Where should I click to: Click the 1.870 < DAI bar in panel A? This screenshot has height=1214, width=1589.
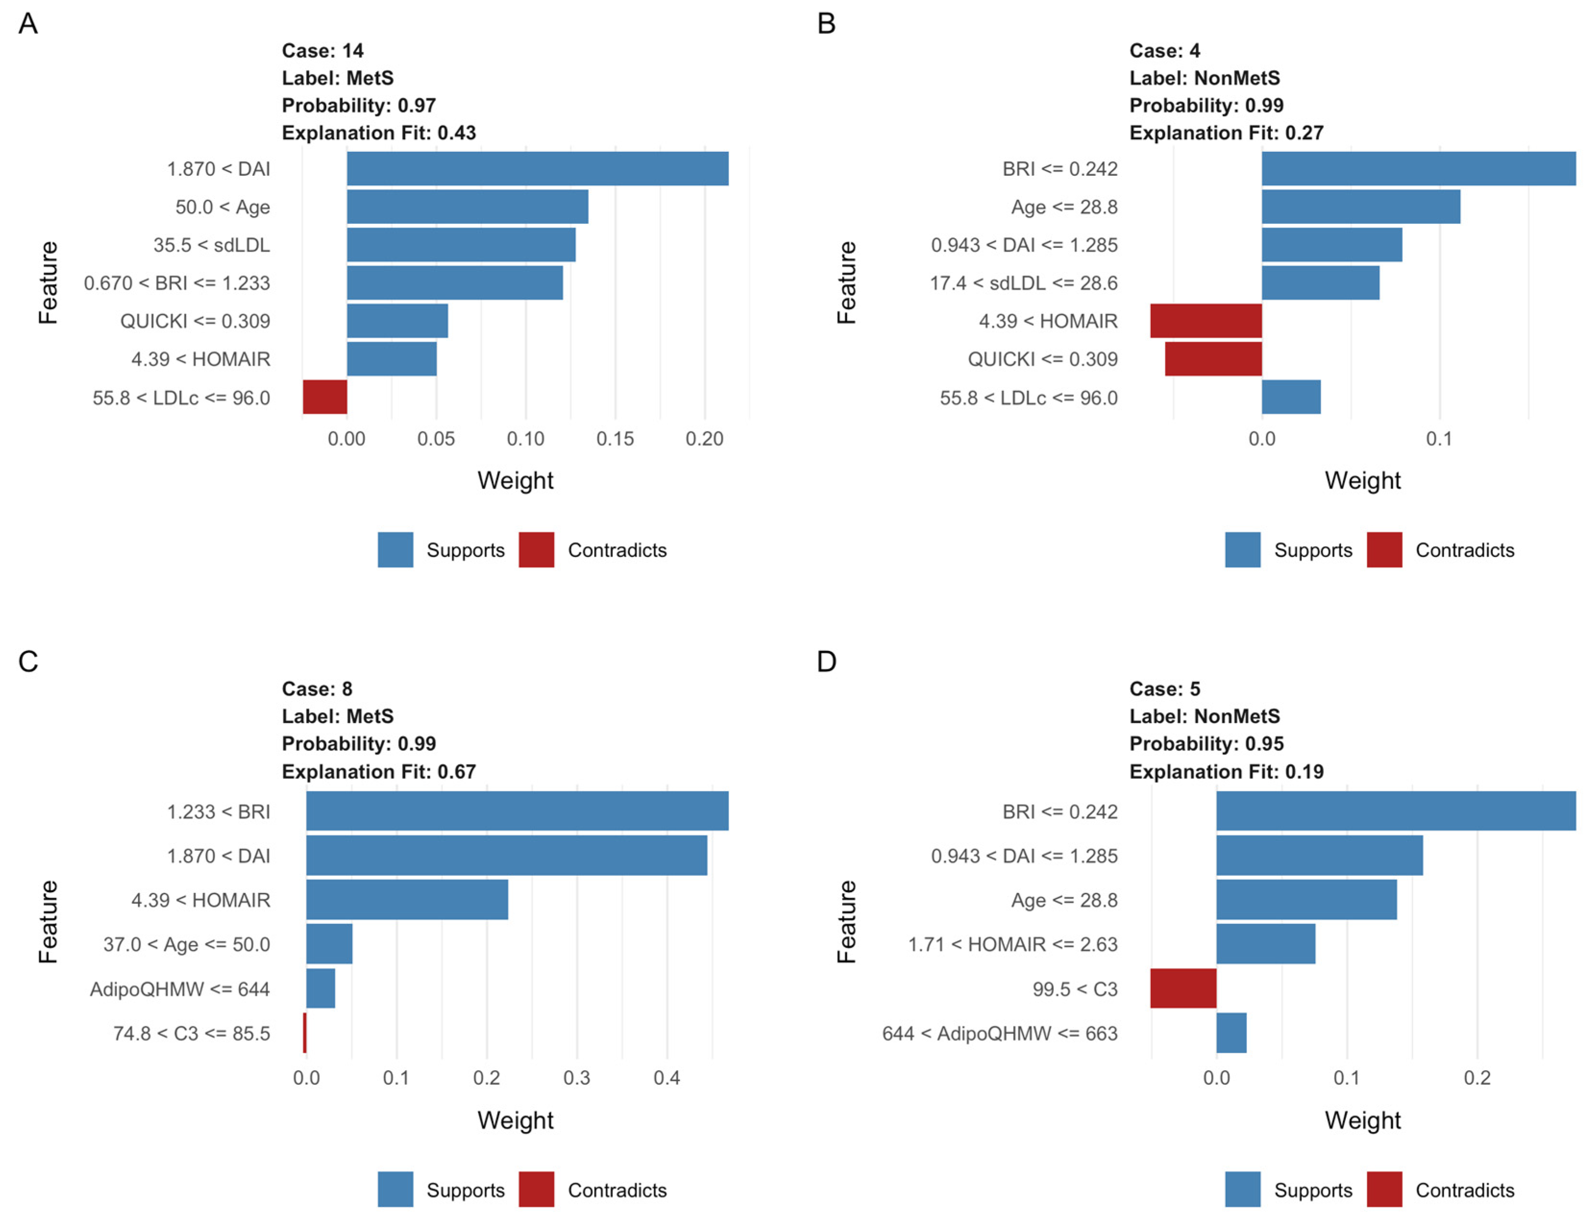[x=537, y=168]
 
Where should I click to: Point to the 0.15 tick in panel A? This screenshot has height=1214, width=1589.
[x=615, y=439]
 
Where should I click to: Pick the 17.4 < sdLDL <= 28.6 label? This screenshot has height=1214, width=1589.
[x=1023, y=283]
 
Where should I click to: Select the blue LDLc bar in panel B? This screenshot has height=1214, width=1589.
[x=1291, y=397]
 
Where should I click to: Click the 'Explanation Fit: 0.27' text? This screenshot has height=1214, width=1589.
[x=1226, y=133]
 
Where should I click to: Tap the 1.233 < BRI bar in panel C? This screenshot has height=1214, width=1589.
[x=517, y=811]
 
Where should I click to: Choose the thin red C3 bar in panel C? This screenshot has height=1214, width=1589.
[x=305, y=1032]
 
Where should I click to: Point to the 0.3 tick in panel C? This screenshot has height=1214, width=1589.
[x=576, y=1078]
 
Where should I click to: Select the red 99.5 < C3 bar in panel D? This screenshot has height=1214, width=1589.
[x=1183, y=989]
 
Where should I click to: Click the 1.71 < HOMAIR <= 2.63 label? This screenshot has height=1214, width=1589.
[x=1013, y=944]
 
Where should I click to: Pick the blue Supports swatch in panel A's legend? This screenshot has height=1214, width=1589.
[x=395, y=550]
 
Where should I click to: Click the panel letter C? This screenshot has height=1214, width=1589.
[x=28, y=661]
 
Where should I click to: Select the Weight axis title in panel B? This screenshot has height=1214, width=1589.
[x=1362, y=480]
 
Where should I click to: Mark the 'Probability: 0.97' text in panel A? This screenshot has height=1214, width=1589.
[x=358, y=106]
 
